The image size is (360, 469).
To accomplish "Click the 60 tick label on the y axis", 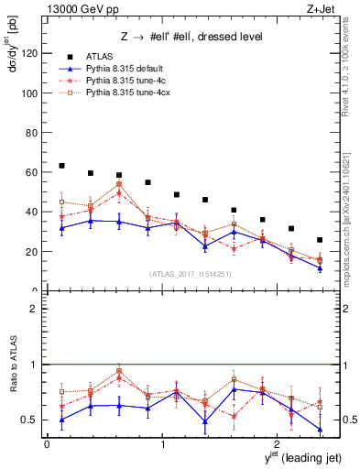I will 34,172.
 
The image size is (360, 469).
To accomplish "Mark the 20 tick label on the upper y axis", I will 34,251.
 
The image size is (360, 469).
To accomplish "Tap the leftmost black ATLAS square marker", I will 61,166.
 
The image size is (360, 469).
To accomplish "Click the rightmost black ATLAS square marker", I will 320,240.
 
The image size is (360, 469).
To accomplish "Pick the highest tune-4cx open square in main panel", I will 119,184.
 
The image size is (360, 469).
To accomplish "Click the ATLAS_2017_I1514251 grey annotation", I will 190,274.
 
